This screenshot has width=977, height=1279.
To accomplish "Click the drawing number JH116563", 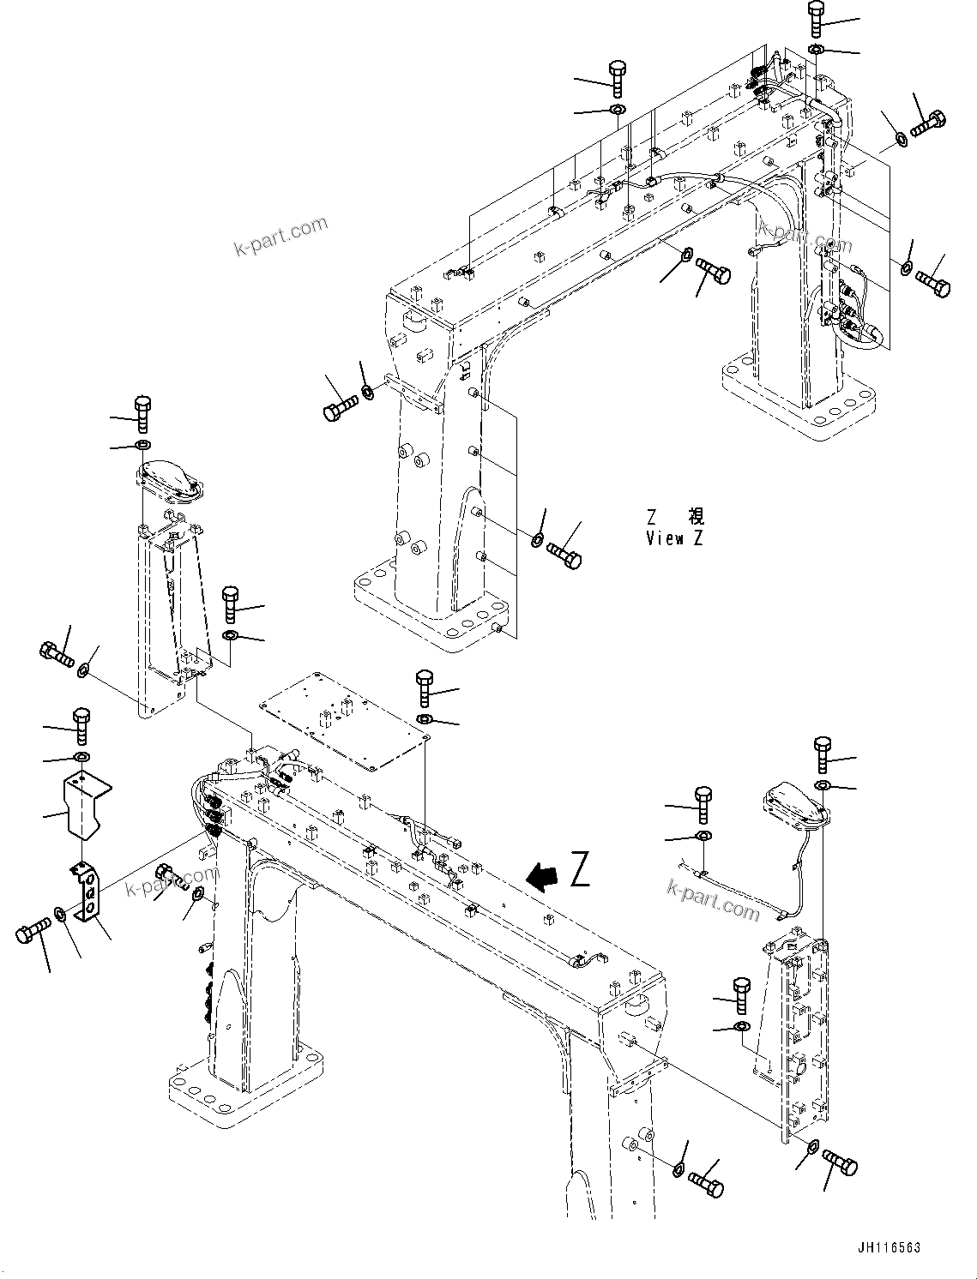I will [x=886, y=1247].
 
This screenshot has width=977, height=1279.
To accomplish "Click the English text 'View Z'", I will [x=676, y=538].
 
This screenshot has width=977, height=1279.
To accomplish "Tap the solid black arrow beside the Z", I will [x=542, y=876].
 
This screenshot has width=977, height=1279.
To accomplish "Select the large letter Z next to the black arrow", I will [x=580, y=869].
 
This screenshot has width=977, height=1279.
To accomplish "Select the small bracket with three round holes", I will [x=87, y=894].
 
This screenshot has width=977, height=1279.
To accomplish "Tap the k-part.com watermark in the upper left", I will [x=280, y=237].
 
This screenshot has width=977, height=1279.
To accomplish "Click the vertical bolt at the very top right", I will [x=816, y=18].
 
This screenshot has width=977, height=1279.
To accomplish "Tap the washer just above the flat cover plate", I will [x=425, y=718].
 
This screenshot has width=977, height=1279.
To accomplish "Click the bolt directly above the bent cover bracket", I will [x=81, y=725].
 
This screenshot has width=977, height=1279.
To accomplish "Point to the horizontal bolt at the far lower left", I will [x=33, y=933].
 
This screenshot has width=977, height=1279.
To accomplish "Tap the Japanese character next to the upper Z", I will [x=696, y=517].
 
